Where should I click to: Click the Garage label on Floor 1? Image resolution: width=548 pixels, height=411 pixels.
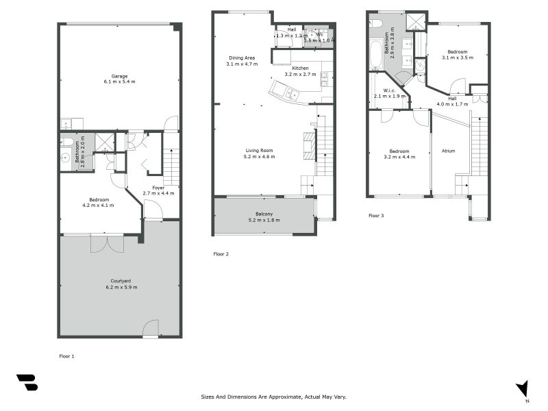point(120,76)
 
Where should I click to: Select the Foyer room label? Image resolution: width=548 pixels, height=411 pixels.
point(158,187)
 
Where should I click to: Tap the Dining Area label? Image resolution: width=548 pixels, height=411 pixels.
point(242,58)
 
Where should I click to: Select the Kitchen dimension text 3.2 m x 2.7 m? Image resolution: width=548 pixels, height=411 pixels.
point(301,75)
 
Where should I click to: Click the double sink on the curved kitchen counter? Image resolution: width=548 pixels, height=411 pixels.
point(292,93)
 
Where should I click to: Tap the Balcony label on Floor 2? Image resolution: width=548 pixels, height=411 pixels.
point(264,214)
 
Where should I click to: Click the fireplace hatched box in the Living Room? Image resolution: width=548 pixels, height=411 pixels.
point(308,145)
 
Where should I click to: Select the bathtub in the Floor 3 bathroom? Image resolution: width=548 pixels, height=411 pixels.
point(376,54)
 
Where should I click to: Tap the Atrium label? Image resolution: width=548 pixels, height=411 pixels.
point(448,151)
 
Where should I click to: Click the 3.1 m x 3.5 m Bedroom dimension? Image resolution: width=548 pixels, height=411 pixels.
point(458,58)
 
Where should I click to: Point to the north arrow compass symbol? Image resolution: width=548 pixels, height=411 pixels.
point(523,388)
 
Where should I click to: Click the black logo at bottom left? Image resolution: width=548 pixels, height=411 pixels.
point(27,382)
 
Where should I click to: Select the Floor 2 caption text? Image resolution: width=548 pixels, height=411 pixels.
point(221,254)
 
